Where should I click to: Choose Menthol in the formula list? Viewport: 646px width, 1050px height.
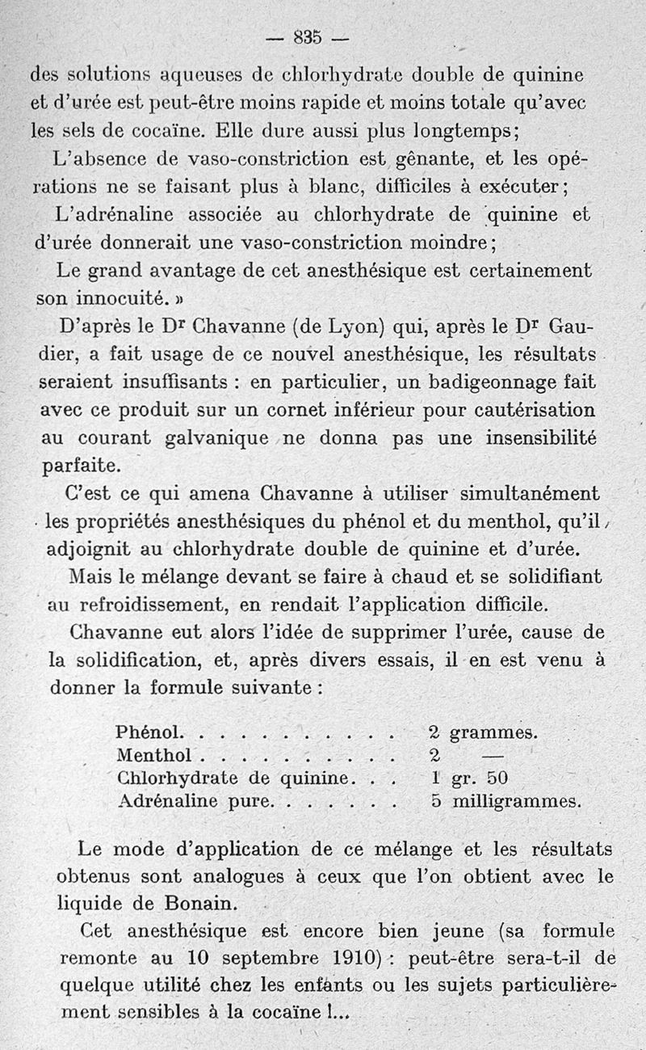click(153, 756)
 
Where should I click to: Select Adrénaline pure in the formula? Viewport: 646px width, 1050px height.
click(195, 802)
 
